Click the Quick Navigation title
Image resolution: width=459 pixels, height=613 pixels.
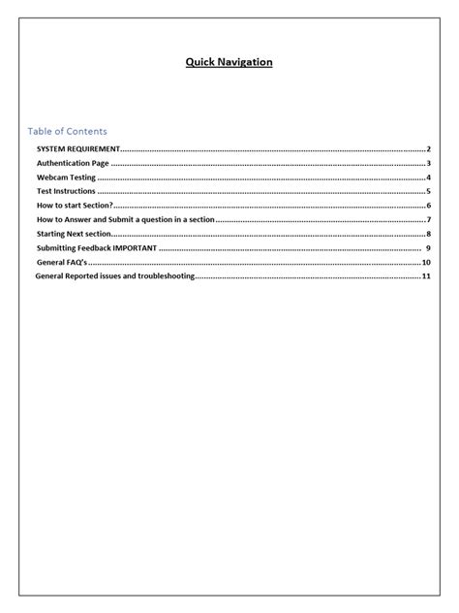click(x=229, y=62)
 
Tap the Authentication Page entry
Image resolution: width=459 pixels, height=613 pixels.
click(x=74, y=164)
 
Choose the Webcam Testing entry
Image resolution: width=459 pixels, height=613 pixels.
click(x=66, y=178)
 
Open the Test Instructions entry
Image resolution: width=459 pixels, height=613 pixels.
click(x=67, y=192)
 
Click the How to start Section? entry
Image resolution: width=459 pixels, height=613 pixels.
click(x=76, y=206)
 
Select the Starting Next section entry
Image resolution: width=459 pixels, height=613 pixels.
click(x=75, y=234)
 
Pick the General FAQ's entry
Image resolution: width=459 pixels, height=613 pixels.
click(x=62, y=263)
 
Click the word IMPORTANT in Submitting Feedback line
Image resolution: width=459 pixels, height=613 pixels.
click(x=135, y=248)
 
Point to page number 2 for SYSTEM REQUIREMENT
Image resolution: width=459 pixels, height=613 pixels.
click(x=428, y=149)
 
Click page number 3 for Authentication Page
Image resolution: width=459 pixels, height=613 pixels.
click(x=428, y=164)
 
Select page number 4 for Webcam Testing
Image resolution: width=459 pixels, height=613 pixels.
click(x=428, y=178)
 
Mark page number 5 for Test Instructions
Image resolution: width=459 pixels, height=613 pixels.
click(x=428, y=192)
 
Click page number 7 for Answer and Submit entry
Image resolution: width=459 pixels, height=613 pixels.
click(x=428, y=220)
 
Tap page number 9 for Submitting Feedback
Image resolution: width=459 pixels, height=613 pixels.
click(x=427, y=248)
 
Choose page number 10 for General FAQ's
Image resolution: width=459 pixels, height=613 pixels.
click(x=426, y=263)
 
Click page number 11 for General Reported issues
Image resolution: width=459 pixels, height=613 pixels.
click(x=426, y=276)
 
